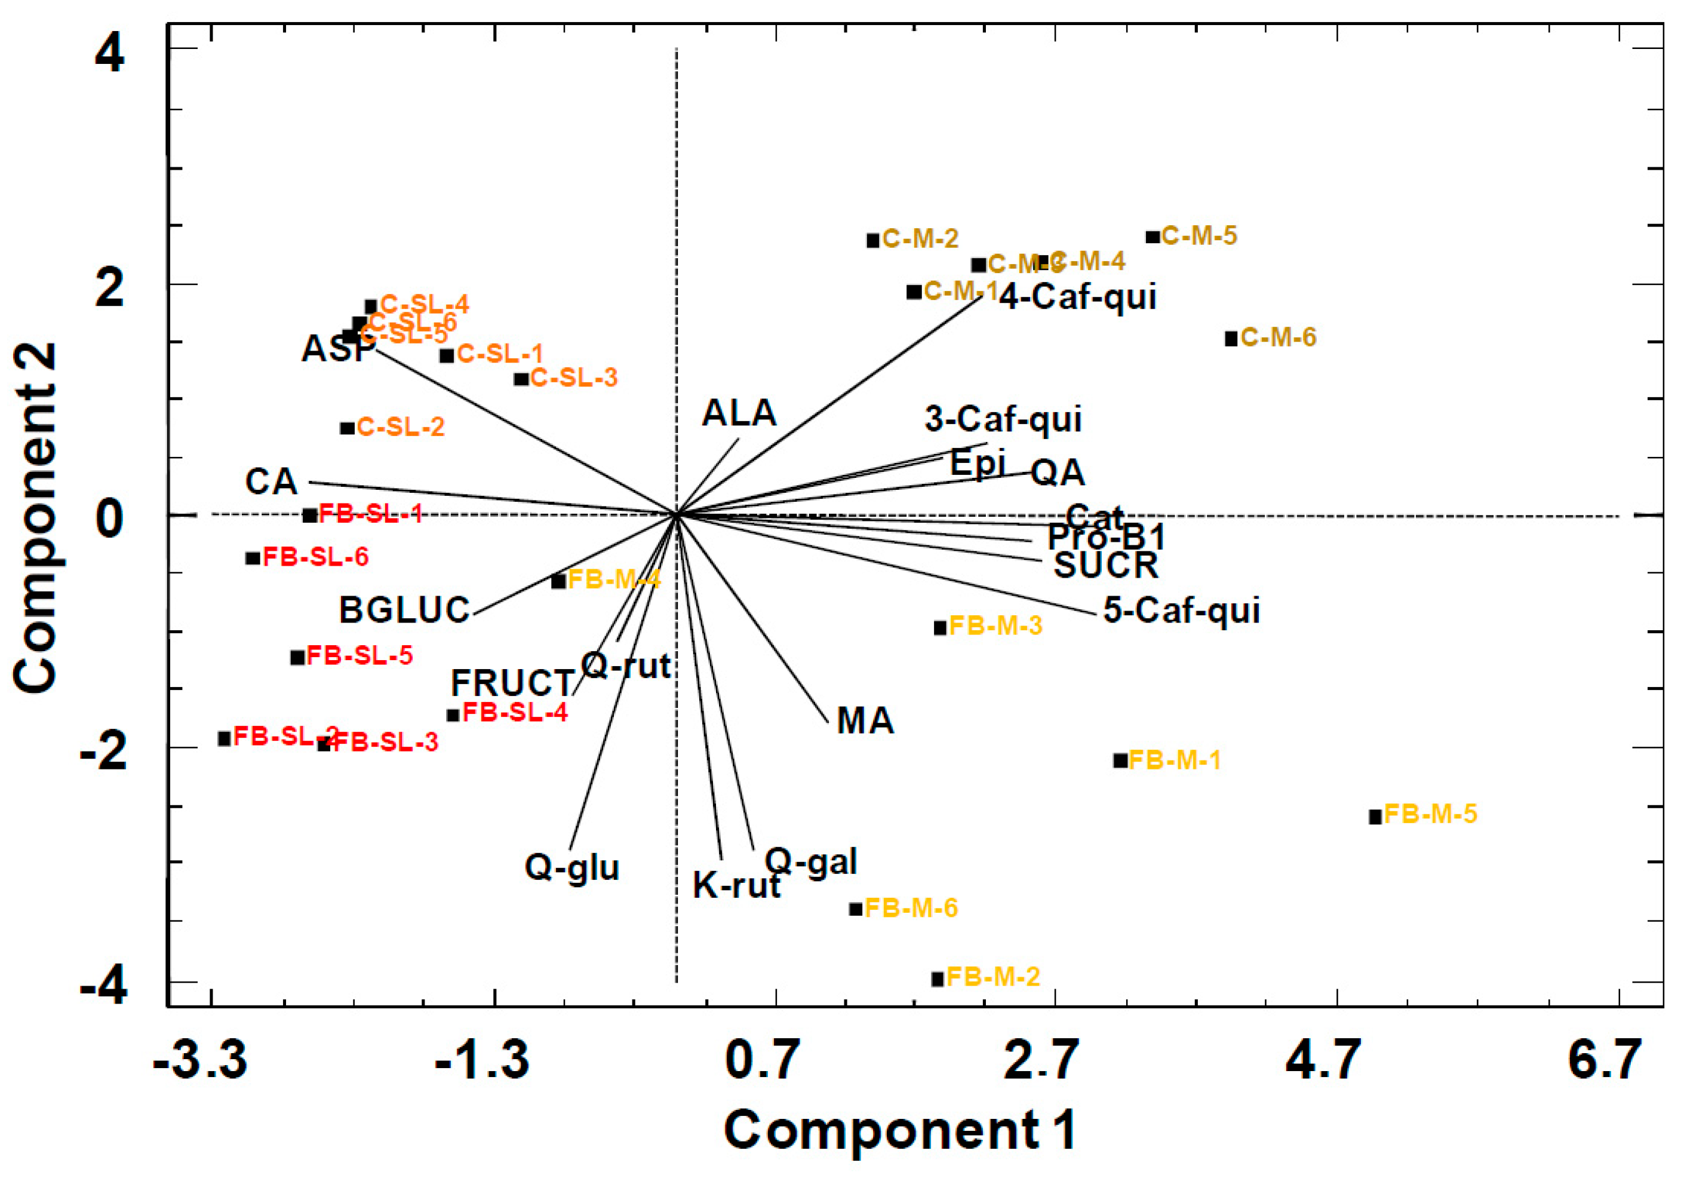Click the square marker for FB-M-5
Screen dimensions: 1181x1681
[x=1375, y=817]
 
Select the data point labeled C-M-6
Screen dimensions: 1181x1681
[x=1231, y=338]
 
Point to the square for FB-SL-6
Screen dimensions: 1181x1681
[x=253, y=558]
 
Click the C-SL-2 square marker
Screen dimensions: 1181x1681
[x=347, y=428]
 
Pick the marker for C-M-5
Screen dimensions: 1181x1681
[x=1153, y=237]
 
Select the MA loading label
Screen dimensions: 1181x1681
[x=865, y=721]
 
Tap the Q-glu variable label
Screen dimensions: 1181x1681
[x=572, y=867]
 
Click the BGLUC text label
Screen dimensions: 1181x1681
[x=404, y=610]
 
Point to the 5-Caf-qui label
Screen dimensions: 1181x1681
[x=1182, y=610]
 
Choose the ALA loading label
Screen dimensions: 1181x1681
[x=739, y=413]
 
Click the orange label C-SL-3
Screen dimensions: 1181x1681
[x=574, y=378]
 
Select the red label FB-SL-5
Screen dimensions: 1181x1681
[x=359, y=655]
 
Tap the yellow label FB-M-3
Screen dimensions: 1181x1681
[x=995, y=626]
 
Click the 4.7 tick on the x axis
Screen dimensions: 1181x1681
[x=1324, y=1060]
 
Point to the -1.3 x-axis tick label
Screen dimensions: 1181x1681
[x=482, y=1060]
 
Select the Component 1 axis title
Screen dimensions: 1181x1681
[x=900, y=1130]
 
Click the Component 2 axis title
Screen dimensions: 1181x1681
[x=35, y=517]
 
